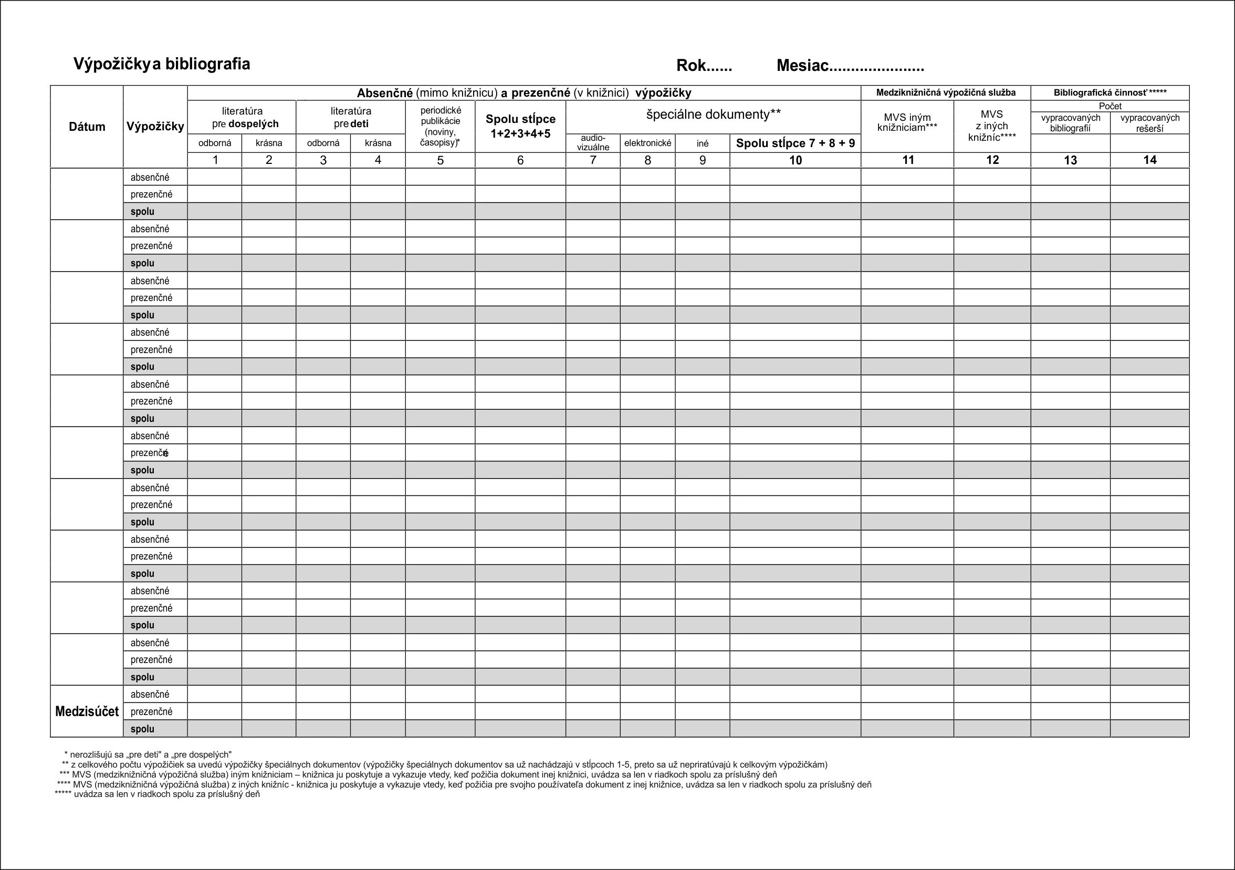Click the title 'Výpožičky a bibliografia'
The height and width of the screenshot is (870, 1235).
click(161, 64)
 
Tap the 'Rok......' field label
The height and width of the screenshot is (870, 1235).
click(704, 66)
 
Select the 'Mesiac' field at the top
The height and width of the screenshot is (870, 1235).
click(850, 66)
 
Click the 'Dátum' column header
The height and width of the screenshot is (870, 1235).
click(87, 127)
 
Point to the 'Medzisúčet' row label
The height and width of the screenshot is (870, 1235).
click(87, 711)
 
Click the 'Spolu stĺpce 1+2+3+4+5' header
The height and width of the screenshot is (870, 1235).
click(520, 127)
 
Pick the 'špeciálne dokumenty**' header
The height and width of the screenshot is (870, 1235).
click(713, 114)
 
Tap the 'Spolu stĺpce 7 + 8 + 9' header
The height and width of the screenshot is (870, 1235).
click(795, 143)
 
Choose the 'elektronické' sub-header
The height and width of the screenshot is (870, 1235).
click(647, 143)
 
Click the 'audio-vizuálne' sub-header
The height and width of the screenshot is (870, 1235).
click(593, 143)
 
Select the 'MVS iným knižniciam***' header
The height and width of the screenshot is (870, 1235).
click(907, 122)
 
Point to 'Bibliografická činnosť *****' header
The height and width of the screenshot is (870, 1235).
click(1110, 92)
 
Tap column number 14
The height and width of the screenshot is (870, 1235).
click(1149, 160)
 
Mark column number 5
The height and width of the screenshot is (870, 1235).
click(440, 160)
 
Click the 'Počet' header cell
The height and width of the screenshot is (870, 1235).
click(1110, 106)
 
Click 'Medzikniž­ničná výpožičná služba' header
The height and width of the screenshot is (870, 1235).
click(946, 92)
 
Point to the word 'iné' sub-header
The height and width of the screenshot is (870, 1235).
click(702, 143)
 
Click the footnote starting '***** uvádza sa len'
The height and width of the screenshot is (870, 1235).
click(157, 794)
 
